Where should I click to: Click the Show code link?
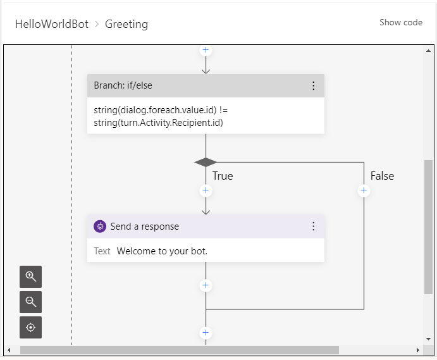click(400, 23)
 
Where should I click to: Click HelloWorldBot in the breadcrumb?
click(51, 25)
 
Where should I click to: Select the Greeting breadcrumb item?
click(126, 25)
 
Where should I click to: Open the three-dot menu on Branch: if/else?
click(313, 86)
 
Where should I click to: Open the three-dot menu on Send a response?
click(313, 227)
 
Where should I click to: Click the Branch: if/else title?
click(123, 86)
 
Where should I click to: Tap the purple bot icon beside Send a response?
click(99, 227)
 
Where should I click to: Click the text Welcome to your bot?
click(162, 251)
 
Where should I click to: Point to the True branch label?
click(223, 176)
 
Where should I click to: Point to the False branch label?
click(382, 176)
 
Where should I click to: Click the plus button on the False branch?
click(364, 190)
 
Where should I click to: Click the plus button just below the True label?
click(206, 190)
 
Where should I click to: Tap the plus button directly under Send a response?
click(206, 285)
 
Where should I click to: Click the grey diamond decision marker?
click(206, 163)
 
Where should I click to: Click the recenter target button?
click(30, 327)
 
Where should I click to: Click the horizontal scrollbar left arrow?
click(9, 350)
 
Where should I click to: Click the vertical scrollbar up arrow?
click(429, 50)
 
